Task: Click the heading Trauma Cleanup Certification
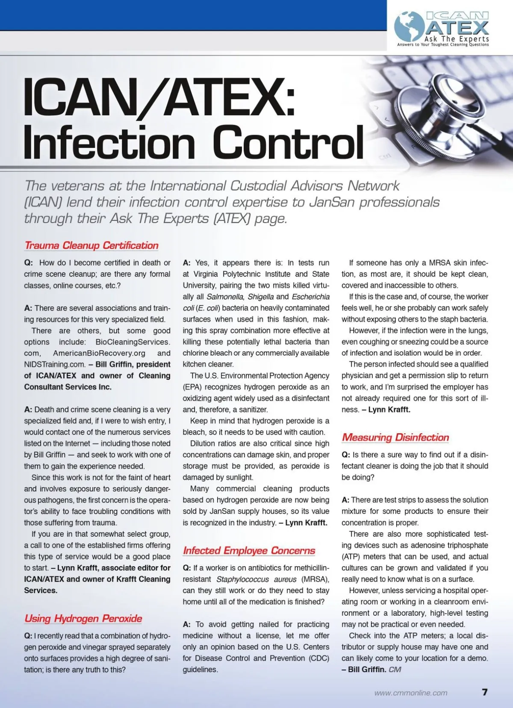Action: coord(91,246)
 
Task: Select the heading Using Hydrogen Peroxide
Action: coord(83,618)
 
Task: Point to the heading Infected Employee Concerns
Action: coord(249,551)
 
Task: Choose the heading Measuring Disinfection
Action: coord(395,438)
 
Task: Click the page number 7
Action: coord(484,692)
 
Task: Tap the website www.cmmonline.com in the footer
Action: coord(411,693)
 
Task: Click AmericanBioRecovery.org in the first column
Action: coord(99,353)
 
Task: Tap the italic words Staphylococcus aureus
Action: coord(256,579)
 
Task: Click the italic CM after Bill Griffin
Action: coord(395,670)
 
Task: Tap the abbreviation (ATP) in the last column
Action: coord(352,557)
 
